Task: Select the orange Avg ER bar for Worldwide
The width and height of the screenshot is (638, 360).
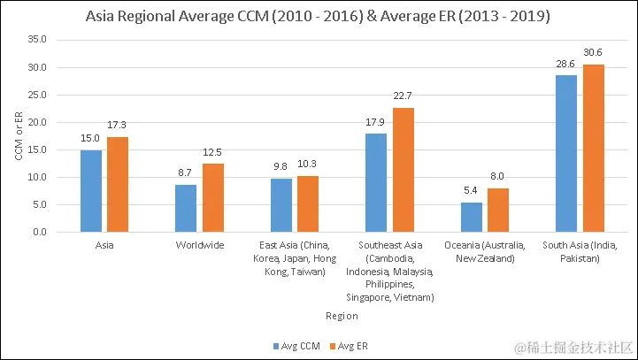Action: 213,198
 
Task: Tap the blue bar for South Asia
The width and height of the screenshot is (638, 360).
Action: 566,154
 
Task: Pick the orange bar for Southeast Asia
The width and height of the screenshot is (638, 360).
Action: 404,170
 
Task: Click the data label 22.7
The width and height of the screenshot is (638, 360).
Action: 404,98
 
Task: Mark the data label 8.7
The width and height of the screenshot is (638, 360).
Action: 186,175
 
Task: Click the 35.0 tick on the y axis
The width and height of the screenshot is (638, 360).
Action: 36,40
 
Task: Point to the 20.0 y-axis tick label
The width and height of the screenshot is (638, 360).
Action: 36,122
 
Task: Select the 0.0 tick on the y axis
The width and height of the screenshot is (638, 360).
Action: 40,233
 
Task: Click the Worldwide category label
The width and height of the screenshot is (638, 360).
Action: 200,245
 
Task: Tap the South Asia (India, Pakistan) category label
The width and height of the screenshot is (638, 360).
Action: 580,251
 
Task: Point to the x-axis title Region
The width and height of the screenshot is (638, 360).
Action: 341,315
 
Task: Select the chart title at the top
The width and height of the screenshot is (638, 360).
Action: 319,17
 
